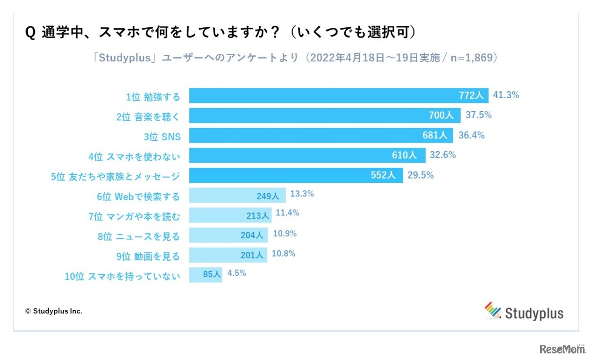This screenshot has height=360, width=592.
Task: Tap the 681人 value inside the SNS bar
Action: (x=435, y=136)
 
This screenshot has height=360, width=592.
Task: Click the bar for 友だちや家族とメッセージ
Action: (x=296, y=176)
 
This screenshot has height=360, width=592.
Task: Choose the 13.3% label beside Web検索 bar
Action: (x=301, y=194)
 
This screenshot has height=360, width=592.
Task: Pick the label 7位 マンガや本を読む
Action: (x=135, y=216)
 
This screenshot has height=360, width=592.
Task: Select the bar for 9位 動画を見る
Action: (x=228, y=255)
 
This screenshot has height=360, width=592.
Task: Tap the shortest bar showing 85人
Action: (x=205, y=275)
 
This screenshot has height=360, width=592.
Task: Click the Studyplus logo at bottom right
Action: (x=524, y=312)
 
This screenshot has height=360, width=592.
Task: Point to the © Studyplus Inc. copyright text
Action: (x=54, y=311)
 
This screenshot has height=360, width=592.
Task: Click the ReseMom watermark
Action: (x=562, y=350)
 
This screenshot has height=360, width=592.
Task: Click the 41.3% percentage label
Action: (x=506, y=95)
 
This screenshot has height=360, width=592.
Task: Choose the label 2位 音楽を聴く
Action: (x=148, y=117)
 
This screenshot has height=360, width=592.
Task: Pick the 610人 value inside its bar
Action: (x=404, y=155)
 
